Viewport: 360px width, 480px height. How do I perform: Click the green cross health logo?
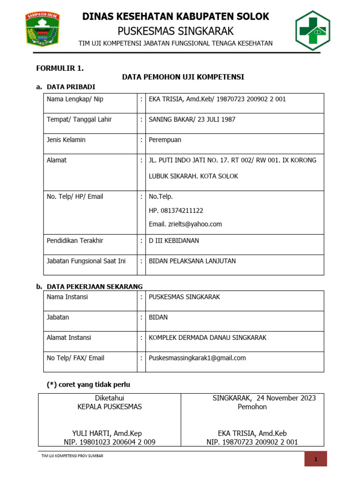pos(312,30)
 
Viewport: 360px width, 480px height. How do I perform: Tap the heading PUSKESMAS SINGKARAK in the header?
pos(175,31)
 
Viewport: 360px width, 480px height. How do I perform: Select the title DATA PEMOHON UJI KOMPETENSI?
pos(183,77)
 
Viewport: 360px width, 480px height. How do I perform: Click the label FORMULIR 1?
pos(60,68)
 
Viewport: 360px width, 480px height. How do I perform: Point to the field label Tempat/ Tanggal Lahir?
pos(79,120)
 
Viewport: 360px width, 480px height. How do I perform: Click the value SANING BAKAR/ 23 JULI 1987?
pos(192,120)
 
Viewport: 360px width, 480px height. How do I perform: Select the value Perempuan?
pos(165,140)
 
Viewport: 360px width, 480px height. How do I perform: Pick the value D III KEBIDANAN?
pos(174,240)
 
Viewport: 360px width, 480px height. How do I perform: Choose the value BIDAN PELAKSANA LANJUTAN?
pos(192,261)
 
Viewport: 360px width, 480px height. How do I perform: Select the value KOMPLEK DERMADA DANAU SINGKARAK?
pos(208,337)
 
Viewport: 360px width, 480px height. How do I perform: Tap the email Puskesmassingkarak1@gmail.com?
pos(197,358)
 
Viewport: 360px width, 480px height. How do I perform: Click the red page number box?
pos(315,459)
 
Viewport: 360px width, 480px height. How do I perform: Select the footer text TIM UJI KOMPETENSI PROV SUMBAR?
pos(72,456)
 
